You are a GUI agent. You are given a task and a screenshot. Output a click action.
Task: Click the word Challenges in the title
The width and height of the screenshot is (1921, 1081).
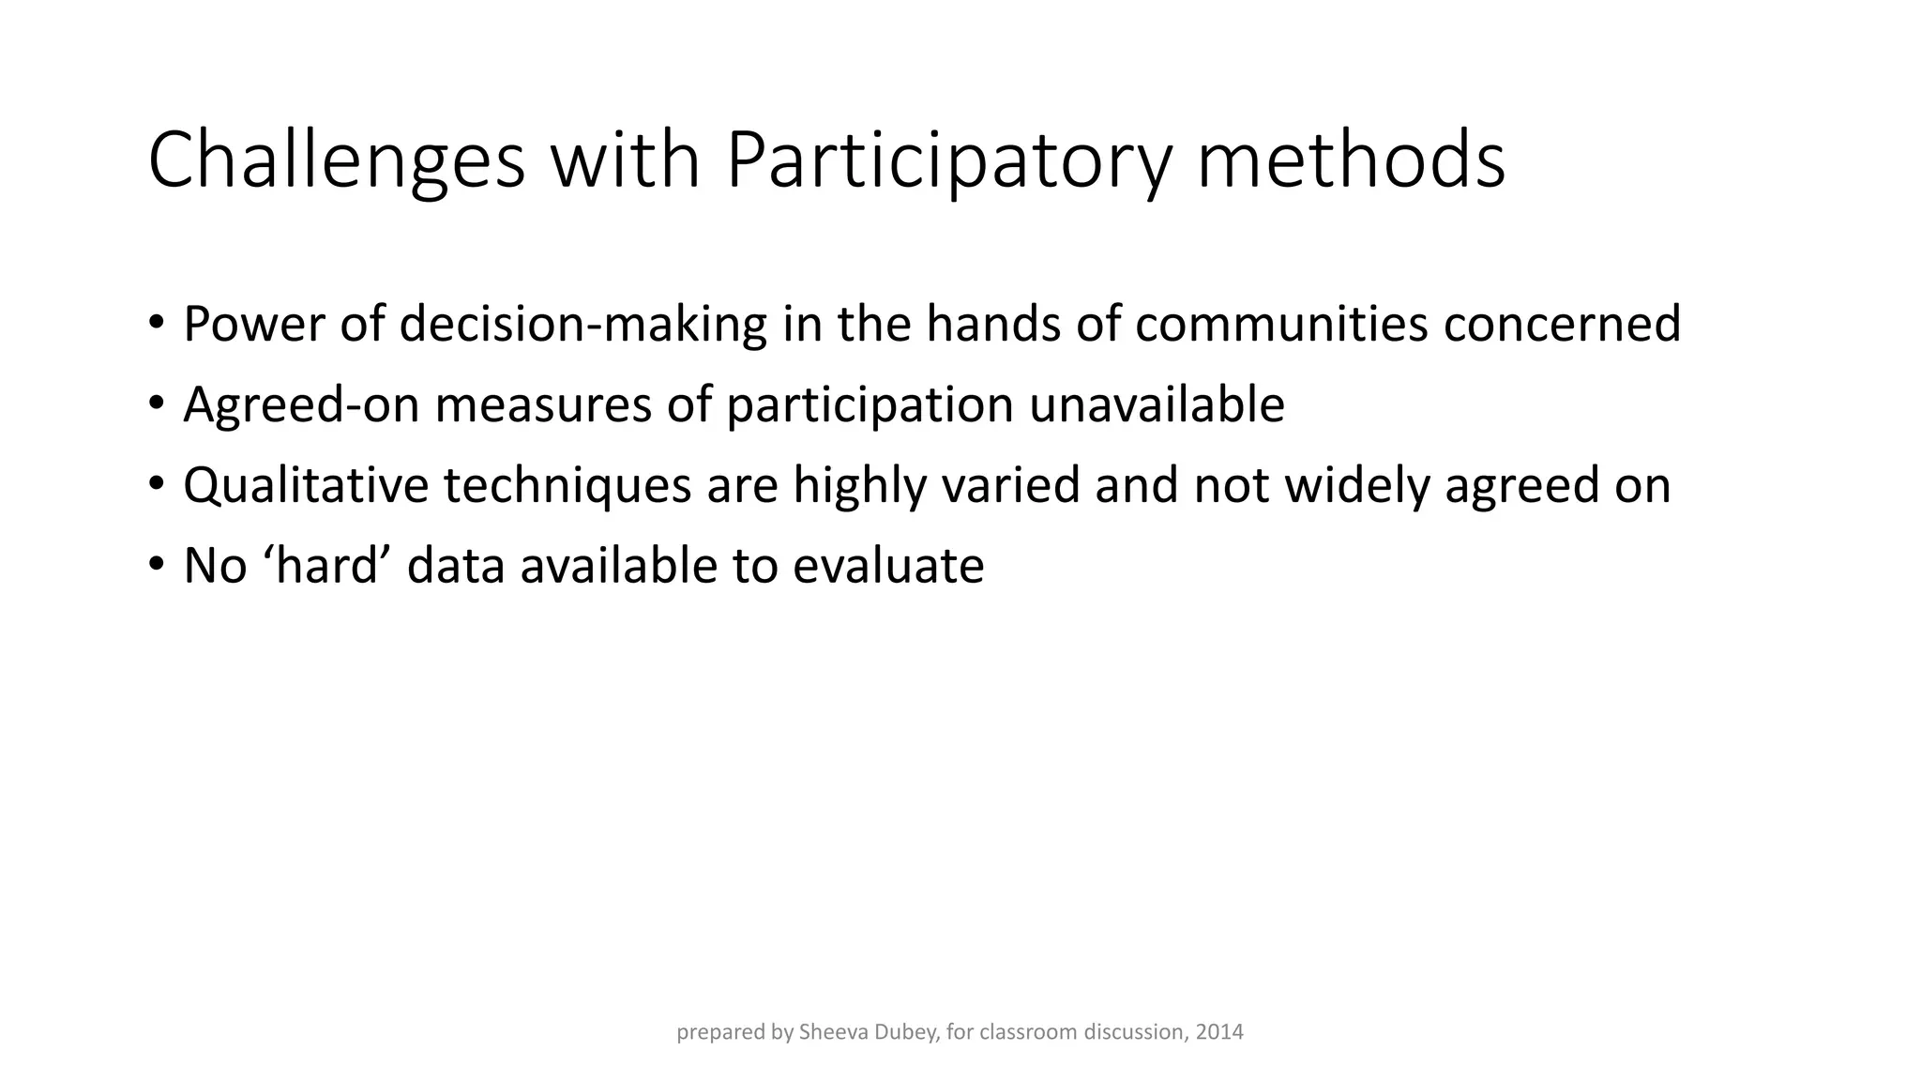pos(336,161)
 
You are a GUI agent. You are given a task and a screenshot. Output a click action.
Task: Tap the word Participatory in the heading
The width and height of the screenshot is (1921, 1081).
pos(948,161)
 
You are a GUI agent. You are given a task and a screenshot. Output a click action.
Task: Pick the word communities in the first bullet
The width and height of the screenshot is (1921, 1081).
pos(1280,324)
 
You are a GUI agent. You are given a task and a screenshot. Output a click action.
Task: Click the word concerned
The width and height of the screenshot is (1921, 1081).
pos(1562,324)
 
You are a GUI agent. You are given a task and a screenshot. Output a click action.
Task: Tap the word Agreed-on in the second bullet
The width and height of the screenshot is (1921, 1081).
pos(301,406)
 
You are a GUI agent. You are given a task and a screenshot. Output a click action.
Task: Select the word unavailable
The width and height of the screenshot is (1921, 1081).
pos(1157,404)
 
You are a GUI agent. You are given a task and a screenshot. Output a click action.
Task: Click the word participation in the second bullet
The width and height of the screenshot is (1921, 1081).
pos(870,406)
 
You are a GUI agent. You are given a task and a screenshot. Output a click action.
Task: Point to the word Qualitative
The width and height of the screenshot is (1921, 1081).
pos(305,487)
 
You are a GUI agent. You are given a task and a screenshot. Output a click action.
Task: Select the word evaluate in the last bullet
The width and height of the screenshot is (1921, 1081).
pos(888,566)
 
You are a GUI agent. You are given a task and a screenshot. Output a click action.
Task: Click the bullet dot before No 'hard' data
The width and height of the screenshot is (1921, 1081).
pos(156,564)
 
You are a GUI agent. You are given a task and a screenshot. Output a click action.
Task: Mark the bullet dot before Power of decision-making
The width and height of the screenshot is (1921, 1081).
pos(156,322)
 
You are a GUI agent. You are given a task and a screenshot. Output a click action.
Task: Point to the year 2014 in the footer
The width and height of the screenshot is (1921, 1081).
pos(1219,1032)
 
